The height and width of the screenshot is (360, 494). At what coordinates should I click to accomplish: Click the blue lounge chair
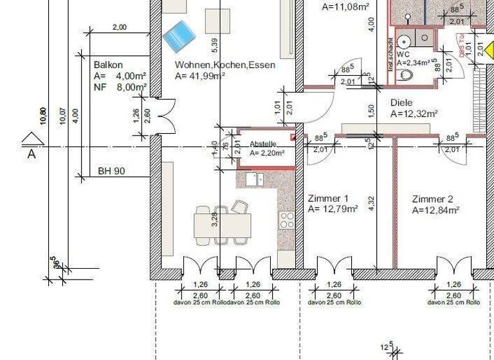point(179,36)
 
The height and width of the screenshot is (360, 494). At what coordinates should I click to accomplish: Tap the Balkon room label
point(108,65)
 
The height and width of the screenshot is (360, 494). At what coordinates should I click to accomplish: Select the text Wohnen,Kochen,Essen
point(225,65)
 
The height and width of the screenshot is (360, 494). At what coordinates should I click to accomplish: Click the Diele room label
point(401,103)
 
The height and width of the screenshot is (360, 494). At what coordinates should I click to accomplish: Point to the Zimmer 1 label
point(328,198)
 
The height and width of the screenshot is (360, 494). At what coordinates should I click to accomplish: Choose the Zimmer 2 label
point(432,199)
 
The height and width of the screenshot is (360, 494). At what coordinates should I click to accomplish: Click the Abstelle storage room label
point(263,144)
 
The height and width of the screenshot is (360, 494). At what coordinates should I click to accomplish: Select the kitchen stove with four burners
point(286,221)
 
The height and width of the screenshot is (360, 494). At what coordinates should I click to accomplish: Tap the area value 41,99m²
point(199,76)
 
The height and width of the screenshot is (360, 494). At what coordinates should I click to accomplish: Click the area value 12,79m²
point(333,209)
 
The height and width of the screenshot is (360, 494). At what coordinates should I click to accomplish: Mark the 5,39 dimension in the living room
point(215,45)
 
